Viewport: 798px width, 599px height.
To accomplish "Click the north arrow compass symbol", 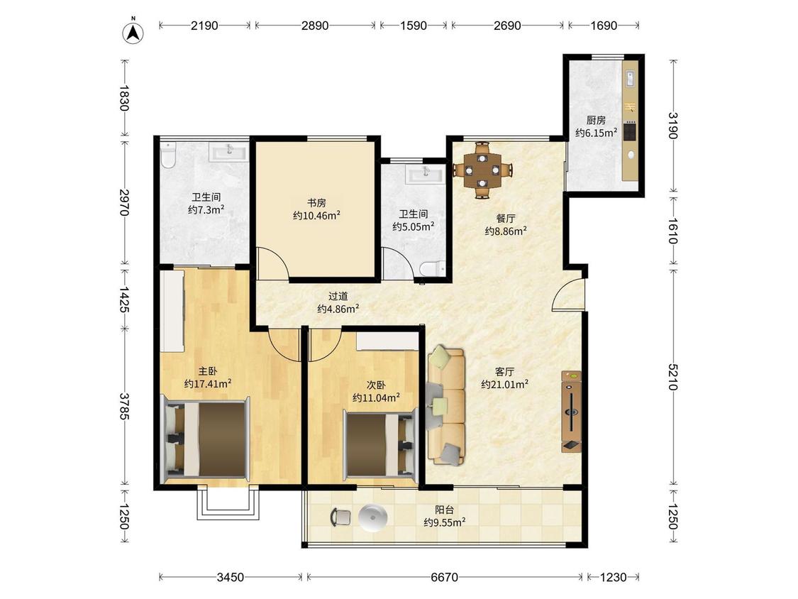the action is coord(133,31).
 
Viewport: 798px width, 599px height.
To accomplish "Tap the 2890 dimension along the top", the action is coord(315,26).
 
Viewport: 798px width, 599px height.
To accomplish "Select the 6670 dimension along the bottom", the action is coord(444,577).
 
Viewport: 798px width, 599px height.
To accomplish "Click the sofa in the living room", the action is coord(446,406).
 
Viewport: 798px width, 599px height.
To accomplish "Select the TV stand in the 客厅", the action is coord(571,412).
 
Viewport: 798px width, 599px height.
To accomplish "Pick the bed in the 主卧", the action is coord(206,439).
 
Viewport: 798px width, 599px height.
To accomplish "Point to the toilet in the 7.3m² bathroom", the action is coord(168,155).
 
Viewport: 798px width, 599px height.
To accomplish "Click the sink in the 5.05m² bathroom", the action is coord(426,174).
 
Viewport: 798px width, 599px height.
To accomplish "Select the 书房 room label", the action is coord(316,203).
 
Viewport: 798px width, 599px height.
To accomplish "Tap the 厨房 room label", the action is coord(596,120).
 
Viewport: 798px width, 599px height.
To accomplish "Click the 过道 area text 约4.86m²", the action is coord(338,309).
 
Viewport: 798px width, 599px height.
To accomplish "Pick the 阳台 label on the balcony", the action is coord(444,510).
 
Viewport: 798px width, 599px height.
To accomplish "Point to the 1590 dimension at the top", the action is coord(414,26).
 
